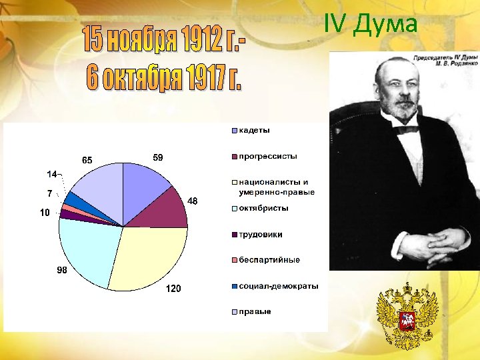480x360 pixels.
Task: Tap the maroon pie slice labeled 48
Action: click(x=163, y=210)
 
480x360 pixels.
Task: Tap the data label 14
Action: click(x=51, y=175)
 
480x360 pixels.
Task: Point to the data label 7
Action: click(x=49, y=194)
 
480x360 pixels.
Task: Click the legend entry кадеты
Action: click(x=254, y=130)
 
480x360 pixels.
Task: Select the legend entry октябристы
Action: click(x=263, y=208)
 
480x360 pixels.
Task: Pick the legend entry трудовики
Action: click(x=260, y=234)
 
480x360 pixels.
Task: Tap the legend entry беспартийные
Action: click(x=269, y=260)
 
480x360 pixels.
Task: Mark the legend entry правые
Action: click(x=255, y=311)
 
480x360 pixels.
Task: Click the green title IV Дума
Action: click(x=371, y=24)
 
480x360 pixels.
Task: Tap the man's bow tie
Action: click(x=406, y=129)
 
